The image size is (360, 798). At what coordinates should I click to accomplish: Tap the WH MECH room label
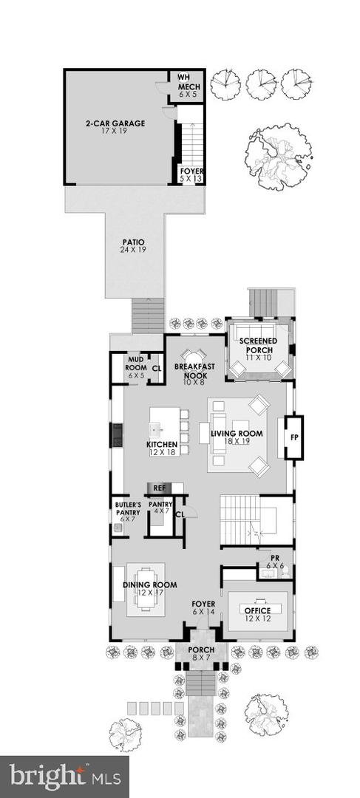(189, 82)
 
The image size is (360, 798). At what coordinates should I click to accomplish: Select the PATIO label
(133, 242)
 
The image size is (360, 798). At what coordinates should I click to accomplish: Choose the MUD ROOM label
(135, 363)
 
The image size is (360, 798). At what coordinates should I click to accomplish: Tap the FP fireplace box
(293, 438)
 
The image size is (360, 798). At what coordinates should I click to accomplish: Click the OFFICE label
(258, 611)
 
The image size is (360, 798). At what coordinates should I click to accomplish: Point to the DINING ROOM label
(143, 586)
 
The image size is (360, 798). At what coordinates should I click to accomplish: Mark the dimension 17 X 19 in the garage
(114, 132)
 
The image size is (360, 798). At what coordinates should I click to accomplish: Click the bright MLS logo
(64, 776)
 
